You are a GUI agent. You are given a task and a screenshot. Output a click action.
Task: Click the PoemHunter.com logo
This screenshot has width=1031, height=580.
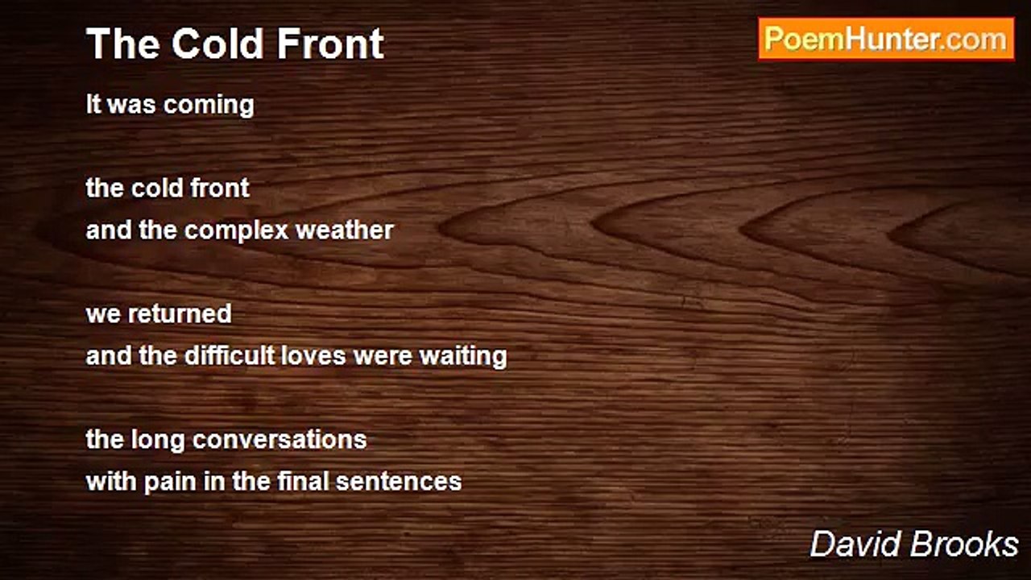tap(886, 39)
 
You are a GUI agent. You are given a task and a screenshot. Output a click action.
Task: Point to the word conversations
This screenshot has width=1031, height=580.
tap(279, 440)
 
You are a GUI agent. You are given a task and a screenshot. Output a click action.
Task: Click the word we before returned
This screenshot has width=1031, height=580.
tap(101, 314)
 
